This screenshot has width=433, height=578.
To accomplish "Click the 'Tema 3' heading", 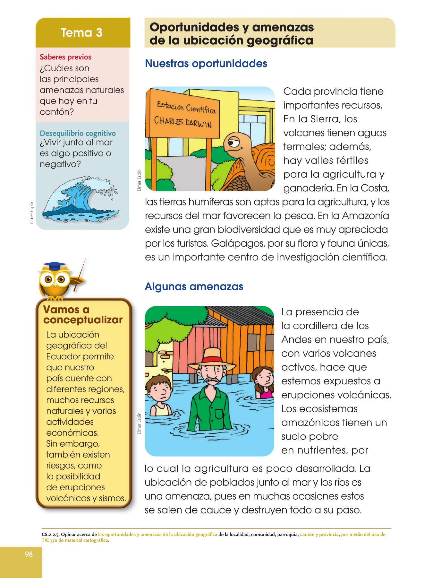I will tap(81, 33).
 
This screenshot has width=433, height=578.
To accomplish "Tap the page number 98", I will tap(29, 554).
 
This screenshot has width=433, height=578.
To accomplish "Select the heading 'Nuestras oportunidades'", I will tap(206, 64).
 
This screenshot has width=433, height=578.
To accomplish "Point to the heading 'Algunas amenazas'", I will tap(194, 286).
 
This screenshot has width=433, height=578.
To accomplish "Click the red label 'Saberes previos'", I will tap(65, 57).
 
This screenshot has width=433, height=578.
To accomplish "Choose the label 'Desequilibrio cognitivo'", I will tap(78, 133).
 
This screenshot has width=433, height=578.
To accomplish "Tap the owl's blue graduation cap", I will tap(55, 266).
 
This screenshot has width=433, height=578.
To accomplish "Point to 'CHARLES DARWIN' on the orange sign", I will tap(183, 122).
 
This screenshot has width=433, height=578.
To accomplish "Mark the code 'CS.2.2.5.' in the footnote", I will tap(50, 535).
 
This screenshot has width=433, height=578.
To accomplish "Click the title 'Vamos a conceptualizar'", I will tap(83, 315).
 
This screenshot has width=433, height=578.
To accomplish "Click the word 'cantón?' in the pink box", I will tap(57, 112).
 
